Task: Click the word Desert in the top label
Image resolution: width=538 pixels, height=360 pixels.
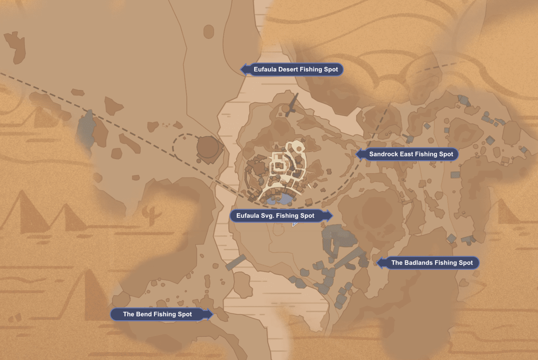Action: pyautogui.click(x=288, y=69)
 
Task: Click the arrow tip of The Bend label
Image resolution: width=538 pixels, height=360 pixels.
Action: pyautogui.click(x=213, y=314)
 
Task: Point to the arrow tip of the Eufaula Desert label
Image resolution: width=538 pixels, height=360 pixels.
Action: pyautogui.click(x=241, y=69)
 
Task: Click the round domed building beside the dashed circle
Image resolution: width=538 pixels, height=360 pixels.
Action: pyautogui.click(x=207, y=147)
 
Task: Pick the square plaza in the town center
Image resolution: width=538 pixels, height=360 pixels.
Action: pyautogui.click(x=279, y=165)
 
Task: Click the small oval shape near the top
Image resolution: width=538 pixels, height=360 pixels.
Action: pyautogui.click(x=208, y=31)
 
